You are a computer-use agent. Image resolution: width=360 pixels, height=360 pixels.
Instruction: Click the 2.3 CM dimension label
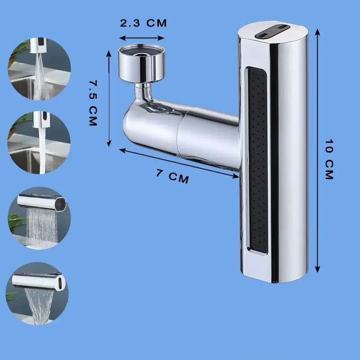tap(143, 23)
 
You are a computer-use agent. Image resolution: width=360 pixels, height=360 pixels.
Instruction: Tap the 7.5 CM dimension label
tap(93, 103)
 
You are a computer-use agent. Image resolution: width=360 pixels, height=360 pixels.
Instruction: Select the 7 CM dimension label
tap(173, 176)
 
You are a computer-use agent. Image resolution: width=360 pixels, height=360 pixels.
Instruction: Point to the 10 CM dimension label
tap(329, 159)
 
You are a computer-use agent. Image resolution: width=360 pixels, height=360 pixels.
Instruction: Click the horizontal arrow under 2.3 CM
tap(142, 38)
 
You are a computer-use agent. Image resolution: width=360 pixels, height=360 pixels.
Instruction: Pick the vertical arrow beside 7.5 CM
tap(109, 99)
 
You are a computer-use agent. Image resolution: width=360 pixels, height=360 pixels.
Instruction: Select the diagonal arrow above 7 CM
tap(179, 163)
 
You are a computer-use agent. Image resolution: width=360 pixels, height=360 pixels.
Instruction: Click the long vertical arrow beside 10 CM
tap(317, 151)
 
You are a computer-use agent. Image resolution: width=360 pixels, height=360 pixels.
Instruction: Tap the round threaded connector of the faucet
tap(142, 63)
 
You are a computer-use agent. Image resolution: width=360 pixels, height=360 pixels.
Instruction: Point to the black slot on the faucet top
tap(273, 31)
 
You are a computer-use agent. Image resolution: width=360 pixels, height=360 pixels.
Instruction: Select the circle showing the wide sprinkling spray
tap(39, 69)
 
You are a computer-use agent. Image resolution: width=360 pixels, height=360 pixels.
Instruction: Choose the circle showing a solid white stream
tap(39, 143)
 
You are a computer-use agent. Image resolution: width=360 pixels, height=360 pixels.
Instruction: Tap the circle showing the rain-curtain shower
tap(39, 218)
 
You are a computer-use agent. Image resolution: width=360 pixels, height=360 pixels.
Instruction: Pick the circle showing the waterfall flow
tap(37, 293)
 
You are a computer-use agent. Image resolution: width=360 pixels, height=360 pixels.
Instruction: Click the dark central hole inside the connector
tap(141, 55)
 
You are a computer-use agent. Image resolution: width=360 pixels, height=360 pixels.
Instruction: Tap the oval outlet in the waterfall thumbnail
tap(60, 282)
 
